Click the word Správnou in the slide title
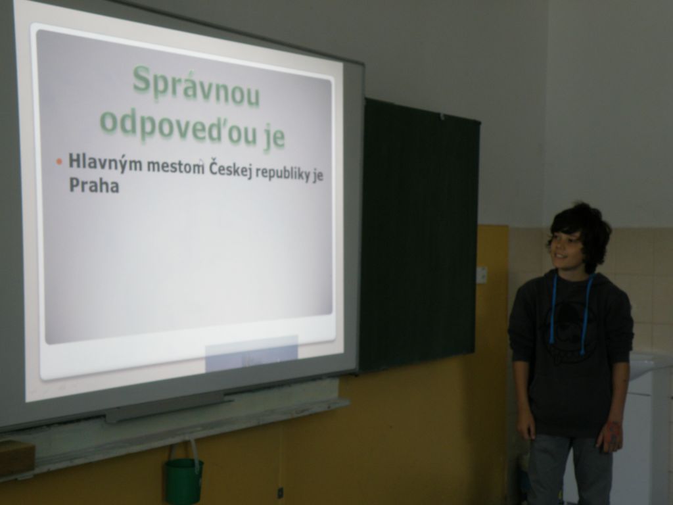[x=196, y=86]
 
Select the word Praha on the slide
[x=94, y=185]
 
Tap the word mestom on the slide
[x=175, y=166]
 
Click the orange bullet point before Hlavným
[x=59, y=162]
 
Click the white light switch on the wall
[x=482, y=275]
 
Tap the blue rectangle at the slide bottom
[x=251, y=353]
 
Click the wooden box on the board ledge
[x=16, y=458]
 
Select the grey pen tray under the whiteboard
[x=168, y=406]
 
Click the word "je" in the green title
[x=273, y=137]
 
